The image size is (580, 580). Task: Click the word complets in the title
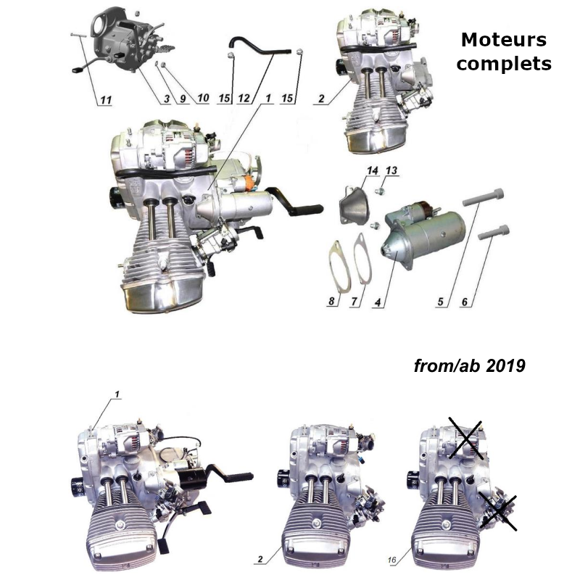[504, 64]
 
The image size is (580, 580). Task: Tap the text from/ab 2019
[469, 365]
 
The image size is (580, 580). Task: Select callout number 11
[106, 101]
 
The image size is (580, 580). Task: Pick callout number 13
[391, 170]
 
